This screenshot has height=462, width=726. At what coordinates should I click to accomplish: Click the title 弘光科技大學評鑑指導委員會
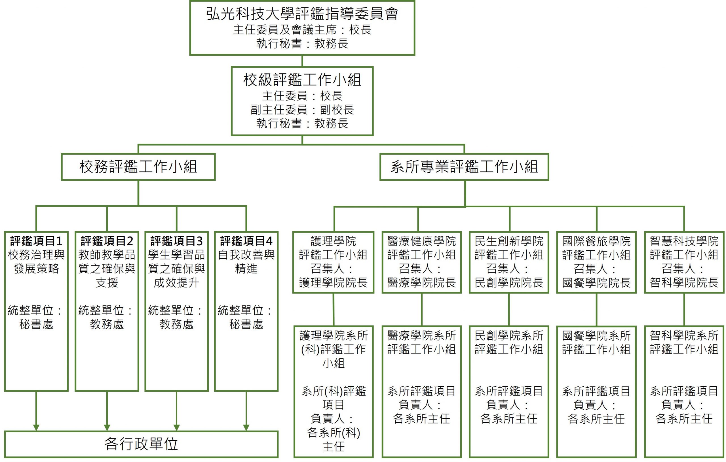302,14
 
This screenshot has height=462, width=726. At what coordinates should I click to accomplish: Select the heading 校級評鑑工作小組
302,80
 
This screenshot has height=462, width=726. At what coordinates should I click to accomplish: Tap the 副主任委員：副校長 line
302,110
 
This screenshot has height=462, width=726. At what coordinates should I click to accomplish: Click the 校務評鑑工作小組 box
138,167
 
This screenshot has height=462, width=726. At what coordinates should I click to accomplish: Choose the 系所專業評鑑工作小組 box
464,167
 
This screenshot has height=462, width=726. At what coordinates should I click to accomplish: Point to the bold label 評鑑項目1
36,241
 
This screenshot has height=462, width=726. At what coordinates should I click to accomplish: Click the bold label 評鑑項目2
107,241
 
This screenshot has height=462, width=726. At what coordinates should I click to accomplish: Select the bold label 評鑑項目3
176,241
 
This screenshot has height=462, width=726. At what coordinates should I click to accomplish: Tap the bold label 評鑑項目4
246,241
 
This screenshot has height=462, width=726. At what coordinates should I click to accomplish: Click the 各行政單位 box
141,444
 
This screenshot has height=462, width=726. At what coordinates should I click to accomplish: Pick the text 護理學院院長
333,282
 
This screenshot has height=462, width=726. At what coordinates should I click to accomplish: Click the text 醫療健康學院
421,241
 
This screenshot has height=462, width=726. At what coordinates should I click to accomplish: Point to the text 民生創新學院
509,241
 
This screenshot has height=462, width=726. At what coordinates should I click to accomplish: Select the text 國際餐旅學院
596,241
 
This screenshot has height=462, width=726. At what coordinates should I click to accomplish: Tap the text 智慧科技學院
684,241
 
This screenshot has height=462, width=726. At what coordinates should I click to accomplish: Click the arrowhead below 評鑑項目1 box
36,427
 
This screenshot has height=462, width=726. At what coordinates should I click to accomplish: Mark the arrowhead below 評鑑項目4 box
246,427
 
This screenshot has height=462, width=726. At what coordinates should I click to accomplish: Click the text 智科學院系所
684,335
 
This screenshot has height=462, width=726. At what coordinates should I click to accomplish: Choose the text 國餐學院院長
596,282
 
